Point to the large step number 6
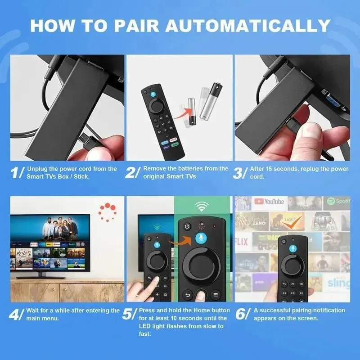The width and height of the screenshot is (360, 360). tap(241, 314)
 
